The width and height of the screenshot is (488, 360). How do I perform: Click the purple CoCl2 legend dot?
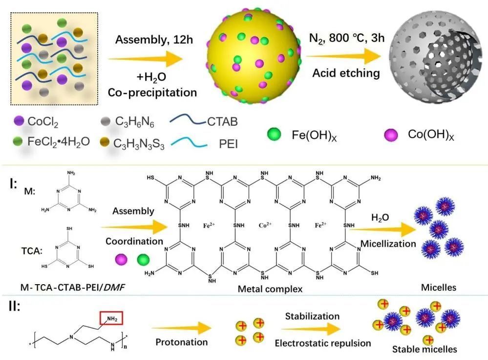pos(19,120)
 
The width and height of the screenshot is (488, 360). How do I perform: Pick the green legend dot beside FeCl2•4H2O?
pos(19,142)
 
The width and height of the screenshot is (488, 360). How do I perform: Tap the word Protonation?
pos(182,342)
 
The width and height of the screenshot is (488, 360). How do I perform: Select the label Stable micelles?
pos(424,349)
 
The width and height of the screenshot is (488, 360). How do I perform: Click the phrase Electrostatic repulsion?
pos(322,343)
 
